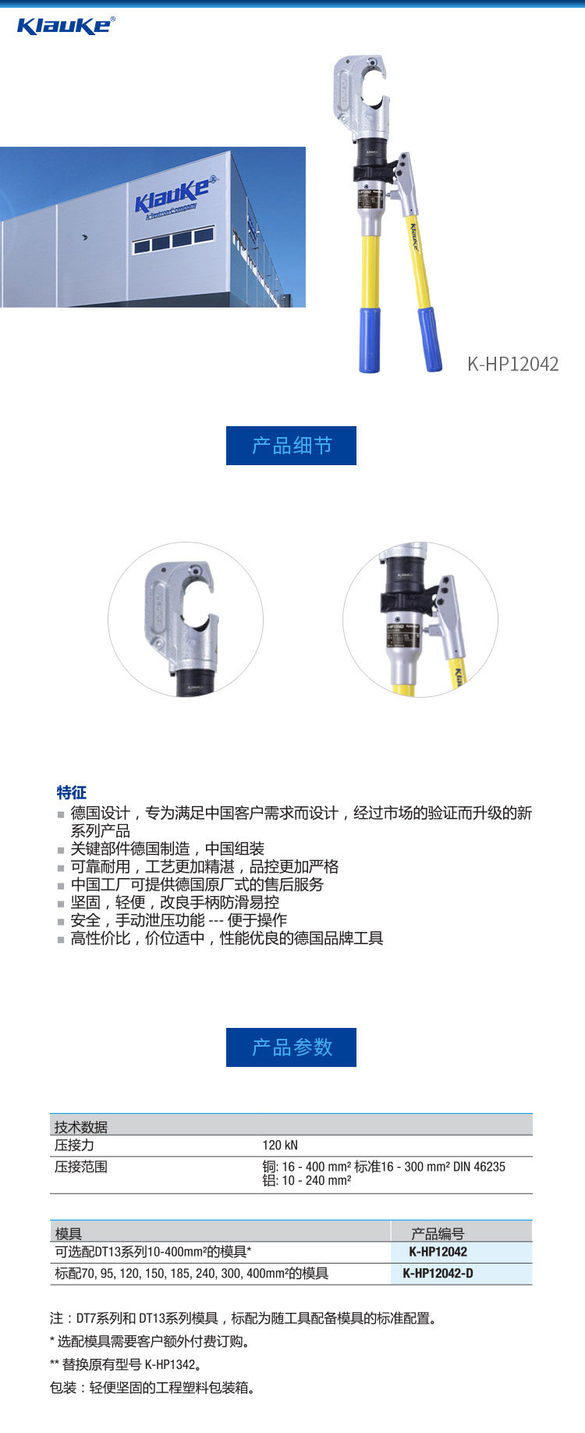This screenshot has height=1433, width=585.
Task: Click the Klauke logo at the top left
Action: [x=66, y=26]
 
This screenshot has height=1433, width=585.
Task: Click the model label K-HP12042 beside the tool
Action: [x=512, y=364]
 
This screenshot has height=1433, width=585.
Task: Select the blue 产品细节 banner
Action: [x=291, y=446]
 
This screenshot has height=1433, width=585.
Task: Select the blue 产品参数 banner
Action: [x=291, y=1047]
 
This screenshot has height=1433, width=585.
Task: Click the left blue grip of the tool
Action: [x=369, y=340]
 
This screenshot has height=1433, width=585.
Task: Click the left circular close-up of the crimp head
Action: [x=186, y=620]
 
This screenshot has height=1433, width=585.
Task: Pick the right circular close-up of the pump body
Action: [x=420, y=620]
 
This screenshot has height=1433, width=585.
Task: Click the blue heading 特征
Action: [x=72, y=793]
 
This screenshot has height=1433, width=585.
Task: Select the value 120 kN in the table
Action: [x=280, y=1145]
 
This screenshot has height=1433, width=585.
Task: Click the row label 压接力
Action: [x=74, y=1145]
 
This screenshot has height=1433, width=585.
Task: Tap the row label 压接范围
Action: [x=81, y=1167]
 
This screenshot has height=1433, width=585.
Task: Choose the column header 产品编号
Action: [x=438, y=1233]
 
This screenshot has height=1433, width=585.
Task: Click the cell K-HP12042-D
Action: [x=438, y=1273]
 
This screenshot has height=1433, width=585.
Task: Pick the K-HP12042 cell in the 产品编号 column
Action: [x=438, y=1252]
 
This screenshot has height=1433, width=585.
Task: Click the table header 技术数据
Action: [x=81, y=1126]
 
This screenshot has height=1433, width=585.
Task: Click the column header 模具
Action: [x=69, y=1233]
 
